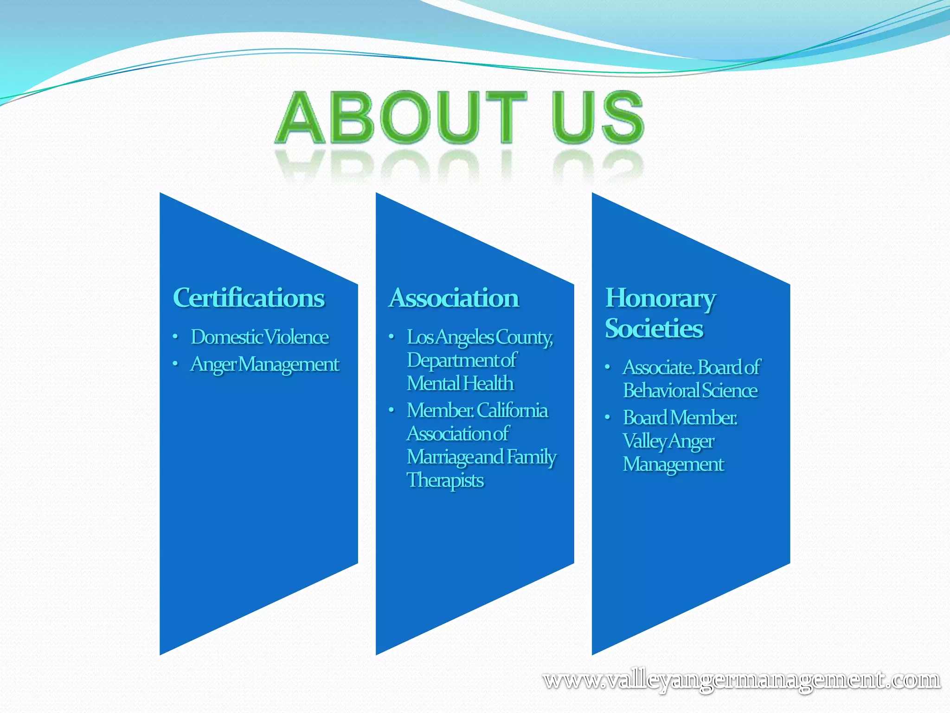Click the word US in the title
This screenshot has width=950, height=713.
(597, 117)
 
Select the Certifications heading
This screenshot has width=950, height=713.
(249, 298)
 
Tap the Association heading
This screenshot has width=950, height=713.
(454, 298)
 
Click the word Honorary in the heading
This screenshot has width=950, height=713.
(661, 298)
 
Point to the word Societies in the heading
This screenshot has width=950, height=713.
(654, 329)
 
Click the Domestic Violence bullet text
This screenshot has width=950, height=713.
(260, 337)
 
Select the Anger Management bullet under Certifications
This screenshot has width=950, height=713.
(265, 364)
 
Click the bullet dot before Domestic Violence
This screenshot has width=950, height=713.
(175, 337)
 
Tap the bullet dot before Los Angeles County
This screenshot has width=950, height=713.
(392, 337)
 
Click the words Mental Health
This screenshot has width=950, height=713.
(460, 384)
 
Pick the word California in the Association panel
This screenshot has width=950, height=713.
(512, 410)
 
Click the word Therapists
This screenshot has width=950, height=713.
(445, 480)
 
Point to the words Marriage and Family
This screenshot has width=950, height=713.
(481, 457)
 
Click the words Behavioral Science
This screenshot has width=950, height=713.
(690, 391)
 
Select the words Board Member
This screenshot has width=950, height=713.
(680, 418)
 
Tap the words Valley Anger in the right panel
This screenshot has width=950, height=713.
(668, 441)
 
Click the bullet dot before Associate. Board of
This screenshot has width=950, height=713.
(607, 367)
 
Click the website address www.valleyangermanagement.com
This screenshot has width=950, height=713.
(741, 680)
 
